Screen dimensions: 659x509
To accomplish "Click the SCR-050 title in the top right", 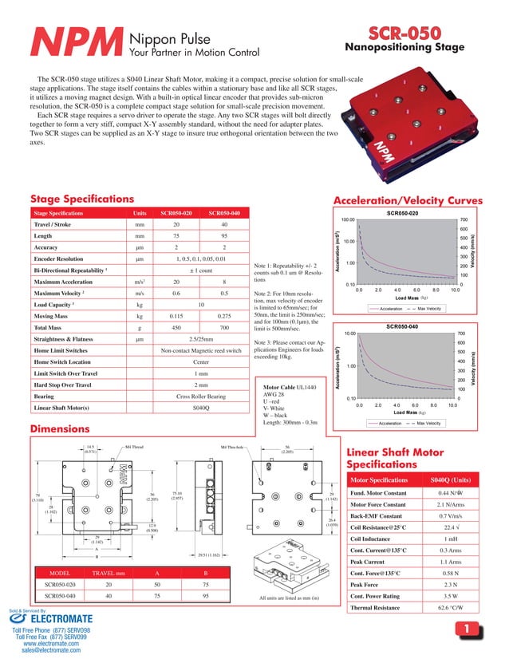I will pos(404,34).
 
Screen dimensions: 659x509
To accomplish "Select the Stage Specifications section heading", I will pos(81,199).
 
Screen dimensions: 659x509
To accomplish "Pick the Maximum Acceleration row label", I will pos(62,282).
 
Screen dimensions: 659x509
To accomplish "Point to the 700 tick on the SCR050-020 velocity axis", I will pos(463,219).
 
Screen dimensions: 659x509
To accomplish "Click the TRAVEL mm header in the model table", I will pos(109,572).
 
